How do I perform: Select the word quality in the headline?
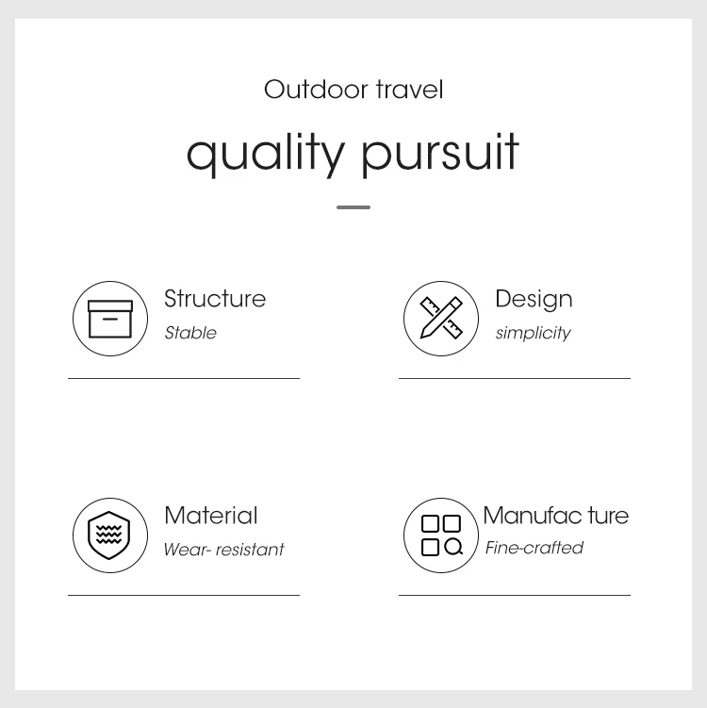[x=266, y=154]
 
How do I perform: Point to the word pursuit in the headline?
[x=439, y=154]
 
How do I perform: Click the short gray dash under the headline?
[x=353, y=207]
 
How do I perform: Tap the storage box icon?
[x=110, y=319]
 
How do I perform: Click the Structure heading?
[x=215, y=299]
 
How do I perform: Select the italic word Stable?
[x=190, y=333]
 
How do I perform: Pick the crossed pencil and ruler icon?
[x=441, y=318]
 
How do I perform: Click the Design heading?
[x=534, y=300]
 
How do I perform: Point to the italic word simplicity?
[x=534, y=333]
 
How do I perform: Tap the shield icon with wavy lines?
[x=109, y=535]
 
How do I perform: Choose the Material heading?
[x=211, y=515]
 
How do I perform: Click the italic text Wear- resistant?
[x=224, y=550]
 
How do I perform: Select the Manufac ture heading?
[x=556, y=515]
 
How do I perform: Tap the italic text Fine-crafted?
[x=534, y=548]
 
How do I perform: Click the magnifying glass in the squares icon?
[x=453, y=547]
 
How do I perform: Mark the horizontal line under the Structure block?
[x=184, y=378]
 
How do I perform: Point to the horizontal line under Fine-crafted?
[x=515, y=595]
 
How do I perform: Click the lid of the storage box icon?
[x=110, y=305]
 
